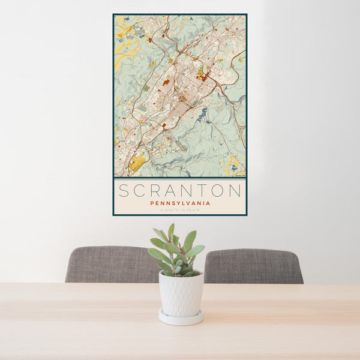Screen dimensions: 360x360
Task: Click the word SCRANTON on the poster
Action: (179, 191)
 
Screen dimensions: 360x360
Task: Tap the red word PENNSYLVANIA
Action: (179, 203)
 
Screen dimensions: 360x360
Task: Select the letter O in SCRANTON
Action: (218, 191)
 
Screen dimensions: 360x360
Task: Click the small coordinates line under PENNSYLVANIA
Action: (179, 209)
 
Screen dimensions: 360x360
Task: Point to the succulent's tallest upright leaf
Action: (171, 232)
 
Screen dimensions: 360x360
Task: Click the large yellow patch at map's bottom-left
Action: (137, 161)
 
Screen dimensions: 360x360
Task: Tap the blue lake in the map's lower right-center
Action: (202, 113)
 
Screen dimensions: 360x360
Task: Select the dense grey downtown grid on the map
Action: (180, 110)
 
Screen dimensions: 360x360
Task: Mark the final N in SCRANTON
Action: (235, 191)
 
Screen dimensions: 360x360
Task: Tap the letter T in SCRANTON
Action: (202, 191)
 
